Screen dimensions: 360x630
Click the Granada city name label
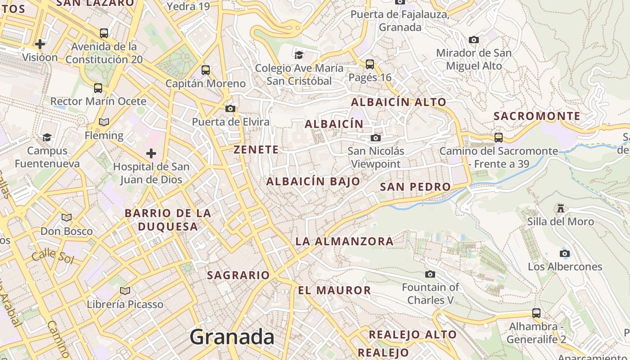(x=232, y=337)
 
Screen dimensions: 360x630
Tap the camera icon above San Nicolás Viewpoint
(x=375, y=138)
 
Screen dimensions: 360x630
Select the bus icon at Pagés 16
(x=370, y=64)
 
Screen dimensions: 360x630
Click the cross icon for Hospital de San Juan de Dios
(x=151, y=153)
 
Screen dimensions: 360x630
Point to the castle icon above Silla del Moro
(x=561, y=208)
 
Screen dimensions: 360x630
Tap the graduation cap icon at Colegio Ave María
(x=299, y=55)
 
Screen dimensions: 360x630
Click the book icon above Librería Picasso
(x=125, y=291)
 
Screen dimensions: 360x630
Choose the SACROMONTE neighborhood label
(x=537, y=116)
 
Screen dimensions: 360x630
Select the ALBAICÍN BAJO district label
(x=313, y=181)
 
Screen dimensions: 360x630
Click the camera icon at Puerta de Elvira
(x=230, y=108)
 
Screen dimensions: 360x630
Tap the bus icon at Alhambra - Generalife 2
(x=536, y=313)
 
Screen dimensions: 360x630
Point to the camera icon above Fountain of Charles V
(x=430, y=274)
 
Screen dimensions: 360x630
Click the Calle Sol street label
(x=52, y=256)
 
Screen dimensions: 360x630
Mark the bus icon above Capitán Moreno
(x=206, y=70)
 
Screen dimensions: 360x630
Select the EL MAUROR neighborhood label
(x=334, y=290)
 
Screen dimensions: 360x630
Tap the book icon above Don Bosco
(x=67, y=218)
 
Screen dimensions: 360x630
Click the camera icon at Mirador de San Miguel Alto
(x=473, y=40)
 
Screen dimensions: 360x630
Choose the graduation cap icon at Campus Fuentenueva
(x=47, y=137)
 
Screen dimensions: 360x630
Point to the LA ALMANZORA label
(x=344, y=241)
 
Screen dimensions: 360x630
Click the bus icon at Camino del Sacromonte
(x=498, y=137)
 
